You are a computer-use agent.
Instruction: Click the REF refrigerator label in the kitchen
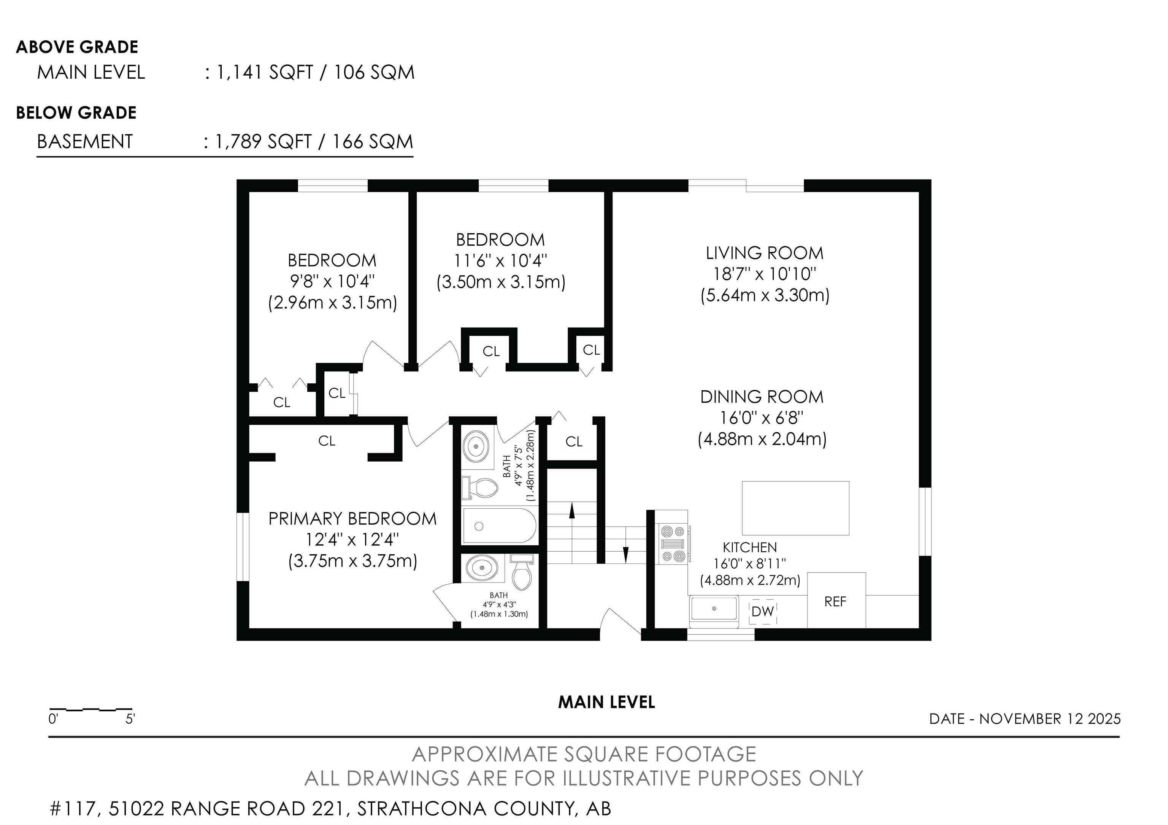[835, 602]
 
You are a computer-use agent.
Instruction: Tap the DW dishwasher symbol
[763, 611]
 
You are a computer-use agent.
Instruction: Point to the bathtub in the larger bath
[499, 526]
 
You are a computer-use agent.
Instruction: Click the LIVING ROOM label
[765, 253]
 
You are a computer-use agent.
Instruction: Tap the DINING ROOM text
[762, 397]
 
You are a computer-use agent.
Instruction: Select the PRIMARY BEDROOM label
[352, 519]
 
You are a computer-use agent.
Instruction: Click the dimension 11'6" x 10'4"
[501, 261]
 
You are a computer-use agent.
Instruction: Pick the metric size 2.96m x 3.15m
[333, 303]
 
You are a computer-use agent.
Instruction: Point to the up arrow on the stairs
[572, 510]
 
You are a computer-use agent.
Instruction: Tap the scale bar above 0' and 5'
[90, 709]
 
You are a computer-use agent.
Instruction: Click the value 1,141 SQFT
[265, 72]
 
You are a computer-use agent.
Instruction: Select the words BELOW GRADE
[76, 113]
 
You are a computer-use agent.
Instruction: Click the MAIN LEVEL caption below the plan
[606, 703]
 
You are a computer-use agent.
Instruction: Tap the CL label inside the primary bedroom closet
[327, 441]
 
